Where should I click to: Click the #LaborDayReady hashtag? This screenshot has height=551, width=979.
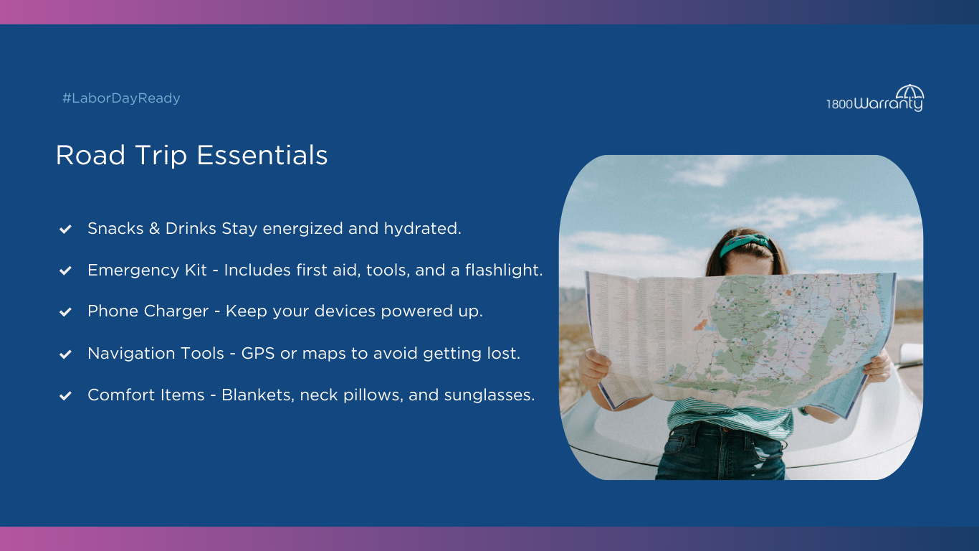(121, 98)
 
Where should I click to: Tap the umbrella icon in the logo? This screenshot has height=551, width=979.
(909, 93)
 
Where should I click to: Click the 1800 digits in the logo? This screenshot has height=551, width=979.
(839, 104)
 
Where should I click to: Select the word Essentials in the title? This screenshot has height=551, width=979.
(262, 156)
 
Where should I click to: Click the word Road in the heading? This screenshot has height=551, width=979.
(90, 156)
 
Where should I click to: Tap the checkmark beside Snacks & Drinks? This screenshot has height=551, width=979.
(65, 229)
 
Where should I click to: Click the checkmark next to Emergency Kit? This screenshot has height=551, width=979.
(65, 270)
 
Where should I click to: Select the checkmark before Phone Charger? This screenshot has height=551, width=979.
(65, 311)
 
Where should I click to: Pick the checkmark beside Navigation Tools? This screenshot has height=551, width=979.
(65, 354)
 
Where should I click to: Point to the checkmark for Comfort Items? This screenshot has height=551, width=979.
(65, 395)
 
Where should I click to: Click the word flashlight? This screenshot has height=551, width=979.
(504, 270)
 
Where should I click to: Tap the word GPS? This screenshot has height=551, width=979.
(258, 353)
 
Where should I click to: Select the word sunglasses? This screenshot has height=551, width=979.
(489, 395)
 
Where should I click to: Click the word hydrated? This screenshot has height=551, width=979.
(422, 229)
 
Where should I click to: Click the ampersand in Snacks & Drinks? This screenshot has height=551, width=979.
(154, 228)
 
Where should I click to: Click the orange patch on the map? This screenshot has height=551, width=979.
(701, 325)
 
